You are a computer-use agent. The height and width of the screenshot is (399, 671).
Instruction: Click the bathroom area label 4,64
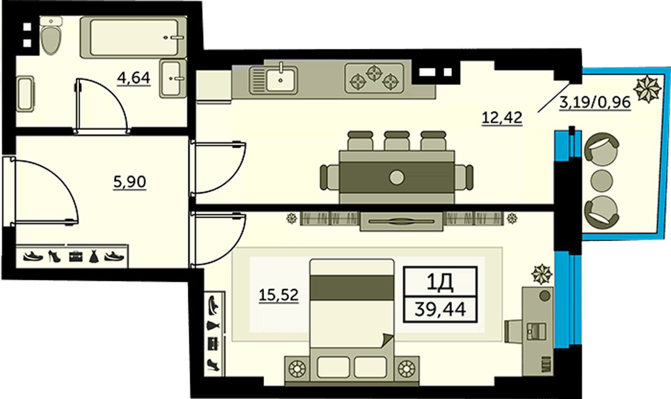[x=134, y=79]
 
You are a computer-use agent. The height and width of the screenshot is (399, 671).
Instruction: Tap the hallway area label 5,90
[x=129, y=182]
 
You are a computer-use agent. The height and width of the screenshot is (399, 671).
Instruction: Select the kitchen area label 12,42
[x=502, y=117]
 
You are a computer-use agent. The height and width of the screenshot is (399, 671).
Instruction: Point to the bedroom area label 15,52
[x=278, y=295]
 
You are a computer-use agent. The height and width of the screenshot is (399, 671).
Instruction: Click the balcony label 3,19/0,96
[x=595, y=103]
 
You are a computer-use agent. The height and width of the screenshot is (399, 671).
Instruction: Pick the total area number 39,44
[x=440, y=309]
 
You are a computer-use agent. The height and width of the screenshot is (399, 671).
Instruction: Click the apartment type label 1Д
[x=440, y=283]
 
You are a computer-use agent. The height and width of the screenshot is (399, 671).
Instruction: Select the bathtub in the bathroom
[x=133, y=37]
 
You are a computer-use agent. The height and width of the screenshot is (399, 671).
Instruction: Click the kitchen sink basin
[x=280, y=79]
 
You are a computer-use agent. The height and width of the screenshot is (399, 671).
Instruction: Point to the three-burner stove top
[x=374, y=78]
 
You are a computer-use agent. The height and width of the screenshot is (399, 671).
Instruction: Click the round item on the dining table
[x=397, y=177]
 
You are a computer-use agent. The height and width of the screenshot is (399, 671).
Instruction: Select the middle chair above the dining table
[x=397, y=141]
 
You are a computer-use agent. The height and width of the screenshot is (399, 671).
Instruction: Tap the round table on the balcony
[x=601, y=181]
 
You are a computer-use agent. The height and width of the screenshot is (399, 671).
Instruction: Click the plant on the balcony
[x=647, y=89]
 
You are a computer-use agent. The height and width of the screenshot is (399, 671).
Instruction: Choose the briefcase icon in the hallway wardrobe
[x=75, y=256]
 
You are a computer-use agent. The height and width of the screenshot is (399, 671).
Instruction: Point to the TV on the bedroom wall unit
[x=402, y=221]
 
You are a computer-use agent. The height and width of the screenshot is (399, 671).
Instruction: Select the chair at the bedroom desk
[x=513, y=331]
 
